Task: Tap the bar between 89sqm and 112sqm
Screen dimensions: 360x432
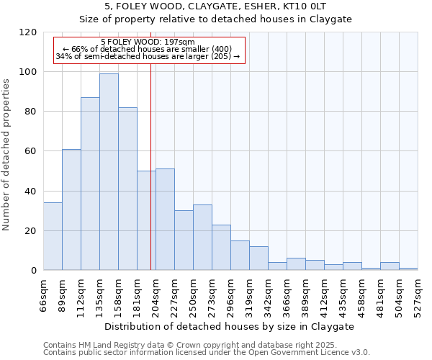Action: (x=71, y=210)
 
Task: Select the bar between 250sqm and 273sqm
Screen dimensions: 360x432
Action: (x=202, y=238)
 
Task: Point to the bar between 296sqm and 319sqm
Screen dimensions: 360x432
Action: (x=240, y=256)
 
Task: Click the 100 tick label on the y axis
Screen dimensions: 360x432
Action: (x=28, y=72)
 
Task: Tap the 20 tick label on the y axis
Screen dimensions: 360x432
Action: (x=31, y=231)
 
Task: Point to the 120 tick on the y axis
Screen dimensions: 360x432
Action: (x=28, y=32)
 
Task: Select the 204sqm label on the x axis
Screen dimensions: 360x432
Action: (x=156, y=293)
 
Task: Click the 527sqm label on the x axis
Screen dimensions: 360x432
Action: (x=418, y=293)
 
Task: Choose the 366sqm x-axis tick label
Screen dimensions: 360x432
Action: (x=287, y=293)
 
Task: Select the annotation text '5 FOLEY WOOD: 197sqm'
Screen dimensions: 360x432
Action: (x=148, y=42)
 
